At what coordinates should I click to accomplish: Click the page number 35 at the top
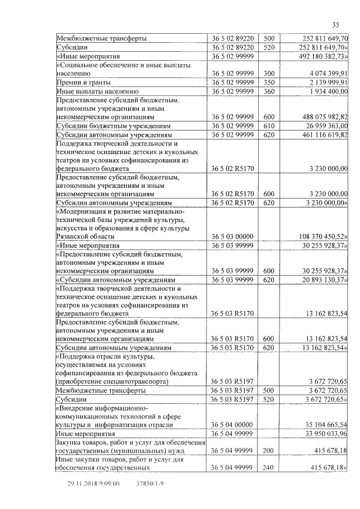336,24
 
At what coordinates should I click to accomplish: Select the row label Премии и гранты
79,82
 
